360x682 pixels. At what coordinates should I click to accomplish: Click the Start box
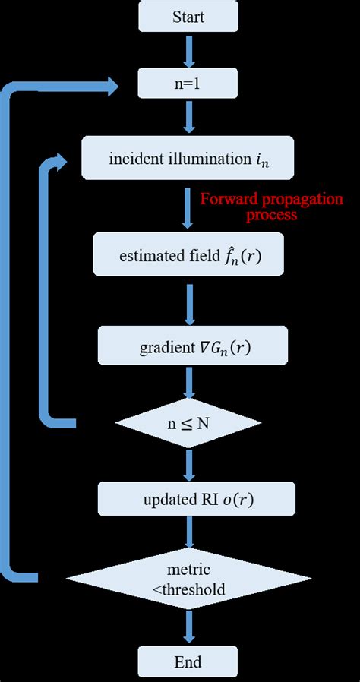pyautogui.click(x=188, y=17)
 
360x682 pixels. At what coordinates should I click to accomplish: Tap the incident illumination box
pyautogui.click(x=188, y=158)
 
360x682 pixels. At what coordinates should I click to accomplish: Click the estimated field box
pyautogui.click(x=188, y=254)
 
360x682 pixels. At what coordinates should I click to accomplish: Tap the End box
pyautogui.click(x=188, y=662)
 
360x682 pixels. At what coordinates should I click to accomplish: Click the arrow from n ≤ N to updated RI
pyautogui.click(x=188, y=462)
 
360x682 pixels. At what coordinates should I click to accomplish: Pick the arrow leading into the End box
pyautogui.click(x=188, y=627)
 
